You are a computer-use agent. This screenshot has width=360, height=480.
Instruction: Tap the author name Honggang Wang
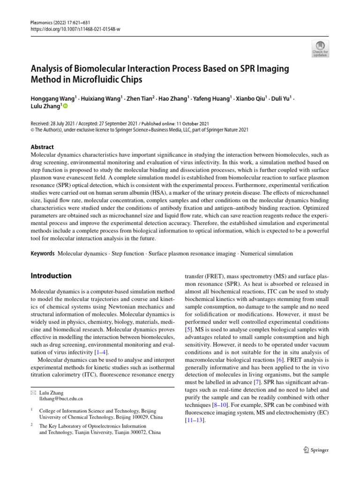(x=49, y=98)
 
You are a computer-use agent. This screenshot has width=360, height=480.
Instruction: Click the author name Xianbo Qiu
(x=251, y=98)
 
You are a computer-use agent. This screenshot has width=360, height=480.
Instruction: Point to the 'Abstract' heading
(x=42, y=147)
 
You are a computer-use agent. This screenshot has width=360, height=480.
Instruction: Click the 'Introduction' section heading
(x=51, y=276)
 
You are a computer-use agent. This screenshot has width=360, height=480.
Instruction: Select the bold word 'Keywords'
(x=43, y=254)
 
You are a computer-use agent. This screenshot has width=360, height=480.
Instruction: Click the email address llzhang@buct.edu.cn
(x=61, y=398)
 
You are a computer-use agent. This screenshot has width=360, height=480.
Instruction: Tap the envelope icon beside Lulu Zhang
(x=33, y=392)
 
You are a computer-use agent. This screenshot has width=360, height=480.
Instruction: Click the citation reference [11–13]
(x=195, y=420)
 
